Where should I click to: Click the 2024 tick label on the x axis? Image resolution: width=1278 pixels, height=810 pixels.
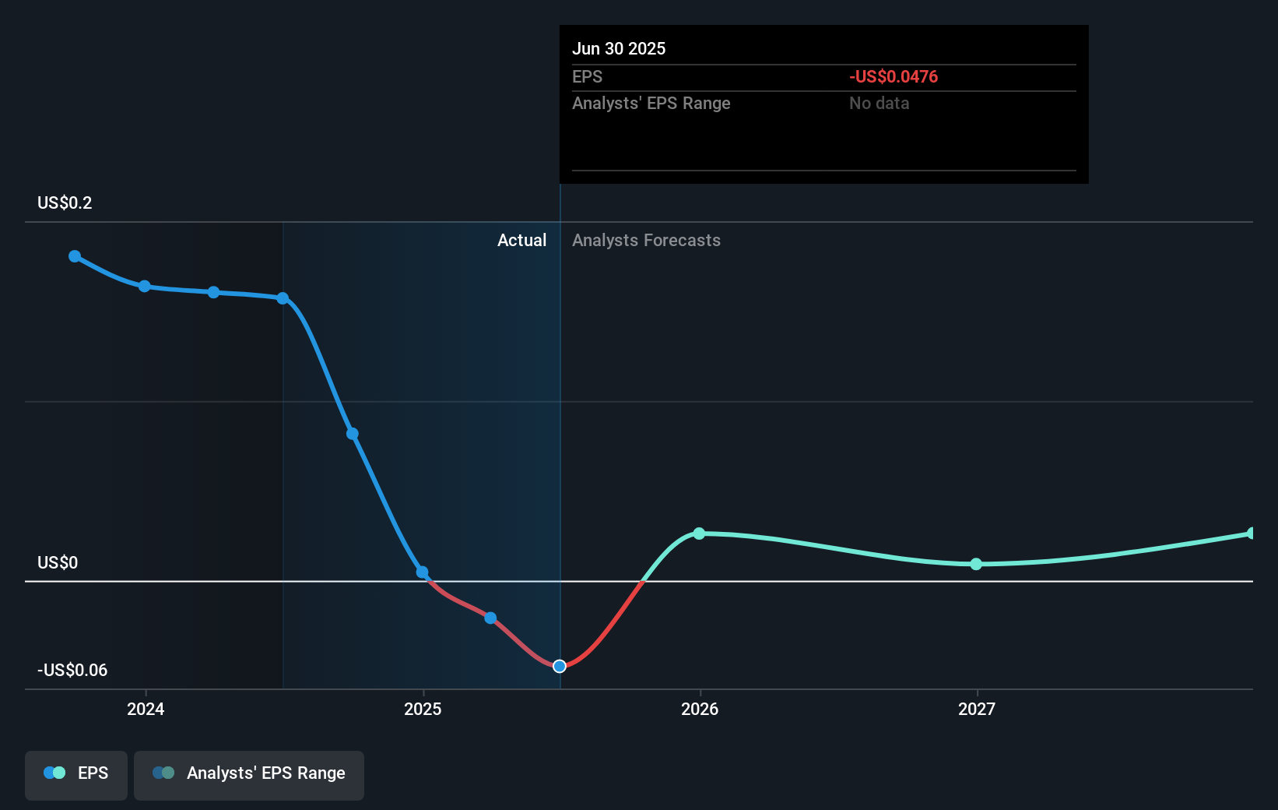click(146, 709)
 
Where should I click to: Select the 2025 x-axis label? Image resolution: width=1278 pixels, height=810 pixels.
click(423, 709)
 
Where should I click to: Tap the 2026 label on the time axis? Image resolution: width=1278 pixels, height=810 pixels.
click(700, 709)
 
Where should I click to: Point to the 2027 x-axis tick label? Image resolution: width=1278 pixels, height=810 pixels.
click(977, 709)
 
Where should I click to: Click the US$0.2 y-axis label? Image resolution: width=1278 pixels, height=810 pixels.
click(65, 203)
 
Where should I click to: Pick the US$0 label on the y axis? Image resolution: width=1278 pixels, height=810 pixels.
click(58, 563)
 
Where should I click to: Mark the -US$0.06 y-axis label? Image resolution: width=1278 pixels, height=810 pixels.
click(72, 671)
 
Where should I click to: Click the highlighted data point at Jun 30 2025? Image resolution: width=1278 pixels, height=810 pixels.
click(560, 666)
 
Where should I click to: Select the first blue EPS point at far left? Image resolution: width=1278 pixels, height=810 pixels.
click(75, 256)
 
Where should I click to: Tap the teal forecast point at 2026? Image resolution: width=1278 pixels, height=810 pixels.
click(699, 534)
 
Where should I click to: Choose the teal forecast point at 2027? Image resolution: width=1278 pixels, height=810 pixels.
click(976, 564)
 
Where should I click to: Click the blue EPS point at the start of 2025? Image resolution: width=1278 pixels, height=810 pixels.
click(422, 572)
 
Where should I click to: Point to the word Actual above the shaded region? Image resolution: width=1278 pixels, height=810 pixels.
click(521, 241)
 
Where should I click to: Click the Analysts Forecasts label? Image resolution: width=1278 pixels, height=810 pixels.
click(646, 241)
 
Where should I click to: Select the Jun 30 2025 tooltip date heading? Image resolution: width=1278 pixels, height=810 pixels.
click(619, 49)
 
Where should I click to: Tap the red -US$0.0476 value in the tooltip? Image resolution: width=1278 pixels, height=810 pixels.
click(894, 77)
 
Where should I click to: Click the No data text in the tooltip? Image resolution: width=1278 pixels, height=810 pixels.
click(879, 104)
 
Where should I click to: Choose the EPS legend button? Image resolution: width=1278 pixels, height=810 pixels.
click(76, 774)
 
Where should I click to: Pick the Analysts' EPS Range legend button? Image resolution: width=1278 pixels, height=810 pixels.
click(249, 774)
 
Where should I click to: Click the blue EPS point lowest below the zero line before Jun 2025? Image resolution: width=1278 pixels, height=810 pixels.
click(490, 618)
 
